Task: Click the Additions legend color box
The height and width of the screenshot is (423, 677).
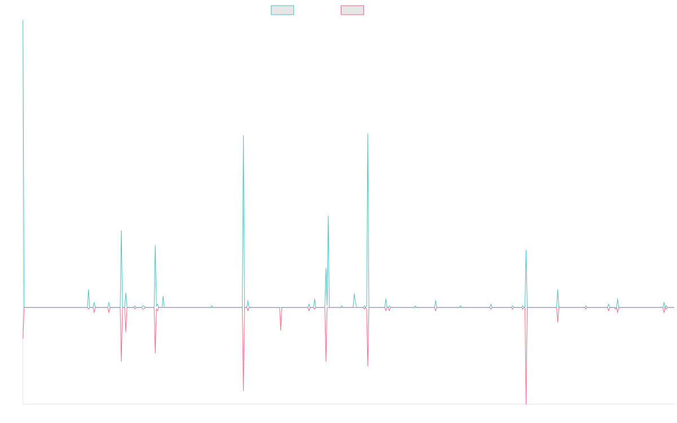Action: [x=283, y=10]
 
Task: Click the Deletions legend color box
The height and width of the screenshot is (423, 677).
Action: [x=352, y=10]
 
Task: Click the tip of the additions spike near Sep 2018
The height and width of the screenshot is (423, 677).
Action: [x=243, y=135]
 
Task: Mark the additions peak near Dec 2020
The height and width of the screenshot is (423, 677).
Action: [x=368, y=134]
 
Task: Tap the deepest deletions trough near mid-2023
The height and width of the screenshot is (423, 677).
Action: [x=526, y=403]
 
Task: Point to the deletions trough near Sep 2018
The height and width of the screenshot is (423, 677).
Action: [x=243, y=390]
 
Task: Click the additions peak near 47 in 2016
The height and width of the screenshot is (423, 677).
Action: [x=121, y=231]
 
